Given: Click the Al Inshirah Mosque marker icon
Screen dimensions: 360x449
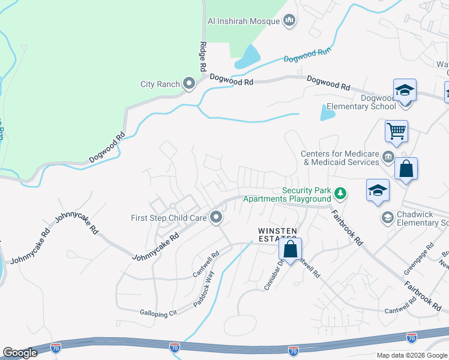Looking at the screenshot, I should [x=290, y=21].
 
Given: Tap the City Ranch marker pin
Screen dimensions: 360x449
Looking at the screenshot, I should [x=189, y=84].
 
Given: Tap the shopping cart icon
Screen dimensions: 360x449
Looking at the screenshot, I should [x=396, y=131].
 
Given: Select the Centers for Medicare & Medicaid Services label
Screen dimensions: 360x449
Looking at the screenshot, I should [x=340, y=158].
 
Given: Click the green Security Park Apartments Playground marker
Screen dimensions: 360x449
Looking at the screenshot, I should [x=340, y=193].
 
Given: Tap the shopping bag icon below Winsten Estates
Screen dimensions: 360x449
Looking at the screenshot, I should [x=290, y=249].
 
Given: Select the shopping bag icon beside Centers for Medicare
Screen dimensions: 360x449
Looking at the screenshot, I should [x=406, y=170].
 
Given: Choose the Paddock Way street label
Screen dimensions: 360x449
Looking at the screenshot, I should [x=203, y=290].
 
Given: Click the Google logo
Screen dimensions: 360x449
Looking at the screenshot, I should [x=20, y=353].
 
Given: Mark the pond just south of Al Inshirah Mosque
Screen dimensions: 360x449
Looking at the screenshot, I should [x=248, y=58].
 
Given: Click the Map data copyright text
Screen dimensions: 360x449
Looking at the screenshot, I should [x=412, y=355].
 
